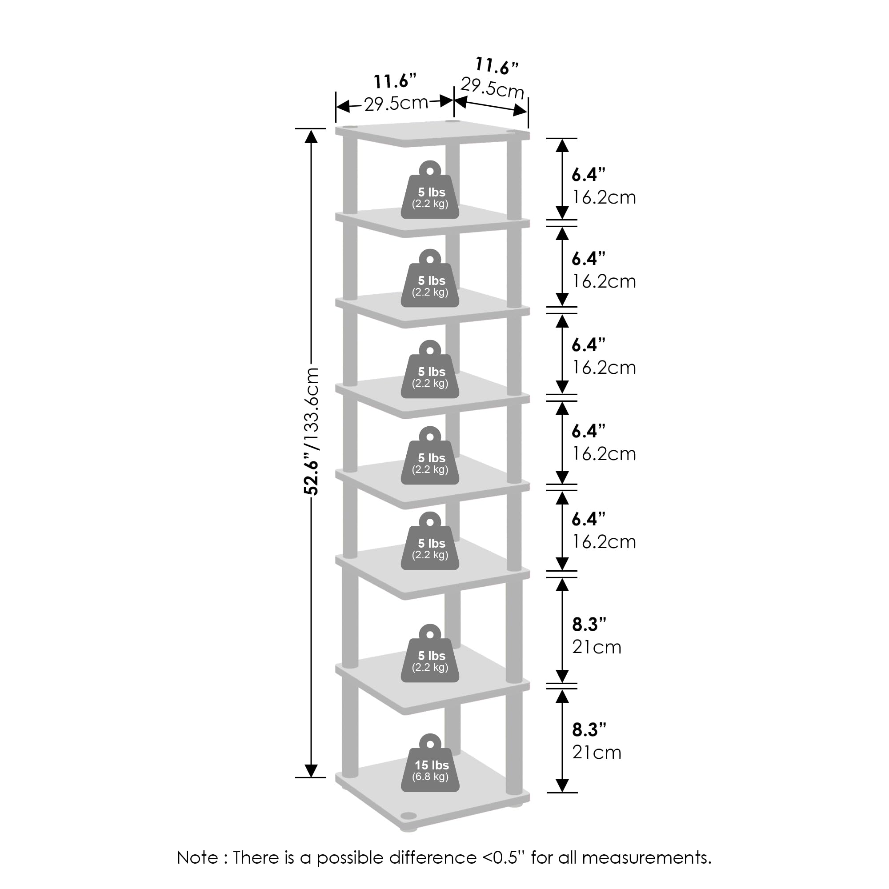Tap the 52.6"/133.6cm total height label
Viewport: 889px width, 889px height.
pos(312,431)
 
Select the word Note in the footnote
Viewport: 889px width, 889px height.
pos(197,857)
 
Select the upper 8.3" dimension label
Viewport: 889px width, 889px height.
pos(589,625)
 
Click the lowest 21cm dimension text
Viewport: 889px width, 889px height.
pos(597,753)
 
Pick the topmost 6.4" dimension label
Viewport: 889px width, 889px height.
pos(588,174)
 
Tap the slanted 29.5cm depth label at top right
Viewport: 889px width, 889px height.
pos(493,88)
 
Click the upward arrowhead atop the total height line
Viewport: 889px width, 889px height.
pos(312,136)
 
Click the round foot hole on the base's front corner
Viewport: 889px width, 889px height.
pos(408,816)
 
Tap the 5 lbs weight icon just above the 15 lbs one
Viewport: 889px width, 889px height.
pos(430,656)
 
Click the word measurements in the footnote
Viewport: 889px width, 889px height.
pos(646,857)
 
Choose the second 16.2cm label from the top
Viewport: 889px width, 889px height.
pos(604,281)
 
